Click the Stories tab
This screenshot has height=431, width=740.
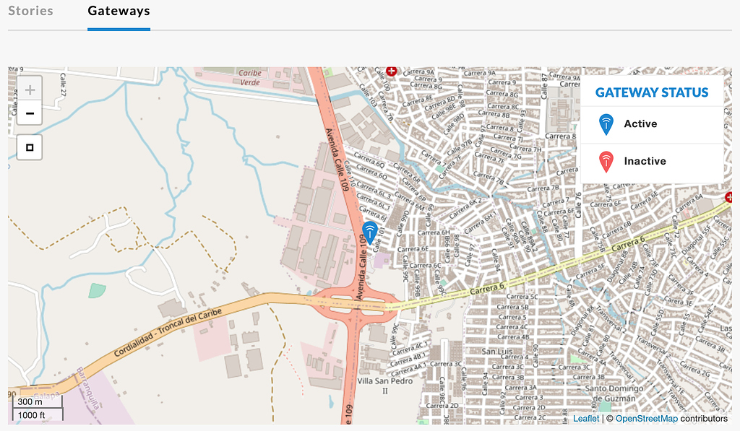(30, 11)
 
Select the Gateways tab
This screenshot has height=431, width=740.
(119, 11)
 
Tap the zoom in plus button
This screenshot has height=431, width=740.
(30, 90)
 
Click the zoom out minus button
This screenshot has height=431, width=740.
(30, 113)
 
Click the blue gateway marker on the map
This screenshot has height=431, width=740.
(370, 232)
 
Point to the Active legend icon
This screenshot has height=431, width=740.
(606, 124)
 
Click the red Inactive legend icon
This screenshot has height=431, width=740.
(606, 162)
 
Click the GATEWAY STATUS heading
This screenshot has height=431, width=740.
(652, 92)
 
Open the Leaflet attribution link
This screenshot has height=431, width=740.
(585, 419)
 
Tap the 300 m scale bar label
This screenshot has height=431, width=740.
(30, 402)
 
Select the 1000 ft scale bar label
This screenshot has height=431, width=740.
(32, 414)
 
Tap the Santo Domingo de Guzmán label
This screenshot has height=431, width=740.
(613, 393)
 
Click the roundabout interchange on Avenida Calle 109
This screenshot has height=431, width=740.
(356, 305)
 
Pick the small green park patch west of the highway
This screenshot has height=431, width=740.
(96, 290)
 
